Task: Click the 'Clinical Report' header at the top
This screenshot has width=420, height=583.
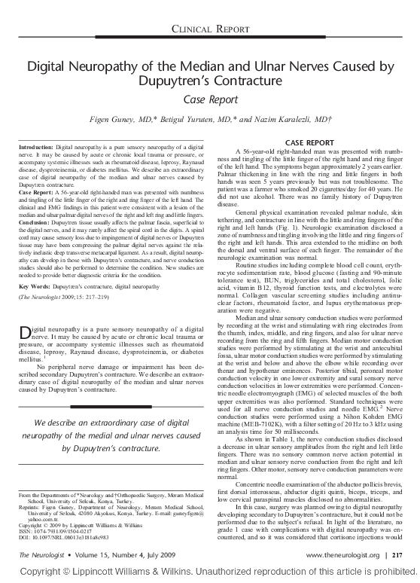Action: (210, 29)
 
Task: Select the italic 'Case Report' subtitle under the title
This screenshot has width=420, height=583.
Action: (210, 99)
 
